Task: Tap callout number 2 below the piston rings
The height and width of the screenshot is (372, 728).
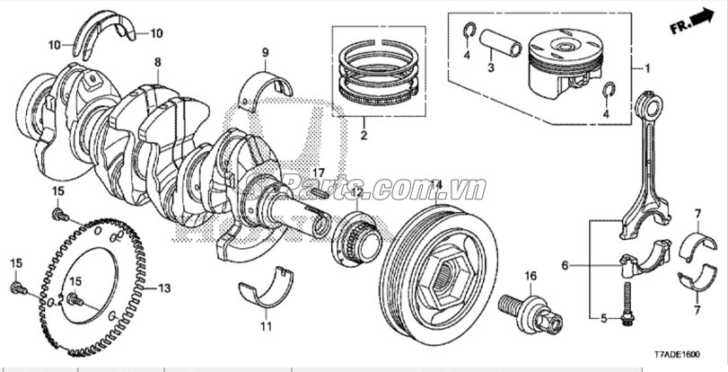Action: tap(364, 137)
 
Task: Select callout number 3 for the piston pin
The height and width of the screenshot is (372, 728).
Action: tap(490, 67)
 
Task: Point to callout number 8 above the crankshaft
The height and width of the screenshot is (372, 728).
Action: tap(157, 62)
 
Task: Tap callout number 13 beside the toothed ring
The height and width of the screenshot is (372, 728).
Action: tap(163, 288)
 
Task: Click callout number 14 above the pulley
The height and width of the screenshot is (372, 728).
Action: tap(435, 184)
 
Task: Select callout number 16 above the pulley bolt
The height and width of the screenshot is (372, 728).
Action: tap(530, 275)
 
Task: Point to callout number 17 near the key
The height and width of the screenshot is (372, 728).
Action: tap(318, 172)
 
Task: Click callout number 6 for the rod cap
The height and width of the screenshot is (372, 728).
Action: tap(565, 265)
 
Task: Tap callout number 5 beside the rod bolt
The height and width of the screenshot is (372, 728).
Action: tap(603, 318)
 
